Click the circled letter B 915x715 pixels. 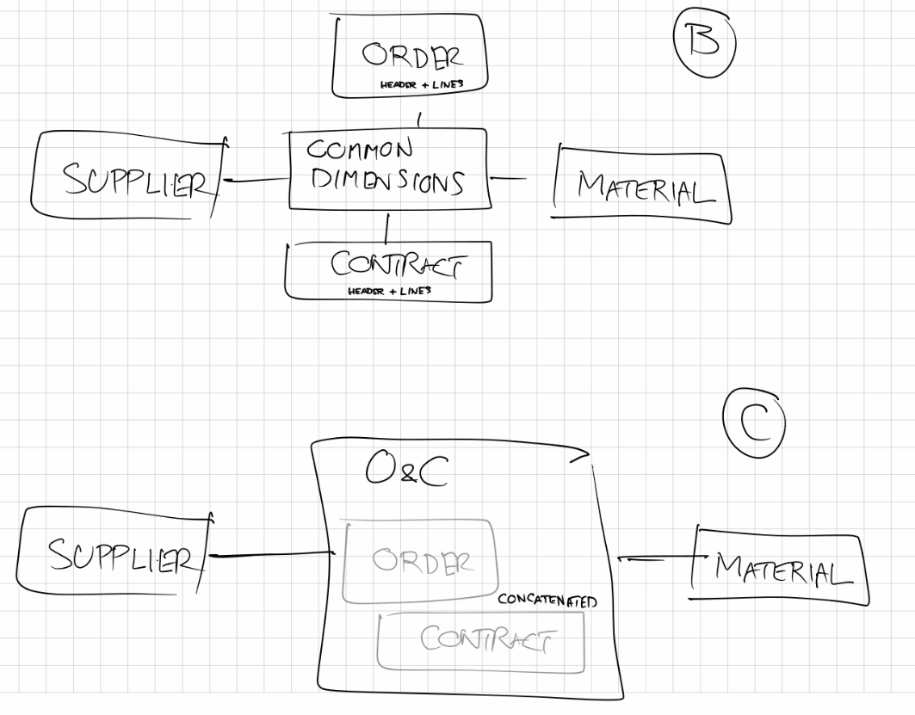(x=704, y=40)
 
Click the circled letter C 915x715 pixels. (x=755, y=424)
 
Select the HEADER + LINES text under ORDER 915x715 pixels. (x=422, y=84)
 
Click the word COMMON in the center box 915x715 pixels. (x=360, y=149)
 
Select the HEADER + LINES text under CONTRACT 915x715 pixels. (x=389, y=291)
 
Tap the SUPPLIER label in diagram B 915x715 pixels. (x=135, y=181)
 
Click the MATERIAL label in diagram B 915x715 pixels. (x=645, y=187)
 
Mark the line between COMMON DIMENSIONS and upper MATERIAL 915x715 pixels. (x=508, y=179)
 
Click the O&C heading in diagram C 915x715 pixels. (x=405, y=470)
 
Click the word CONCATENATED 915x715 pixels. (x=547, y=601)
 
